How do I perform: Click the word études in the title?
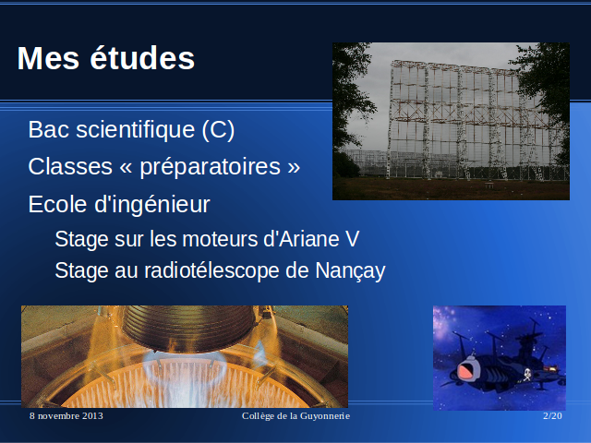click(x=142, y=57)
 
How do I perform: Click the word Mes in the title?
click(x=48, y=58)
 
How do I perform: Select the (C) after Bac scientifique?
click(x=218, y=130)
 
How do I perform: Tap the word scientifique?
click(x=136, y=130)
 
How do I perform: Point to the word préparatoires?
click(x=211, y=167)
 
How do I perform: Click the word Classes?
click(x=70, y=166)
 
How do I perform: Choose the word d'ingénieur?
click(x=151, y=205)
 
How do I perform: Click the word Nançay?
click(x=350, y=270)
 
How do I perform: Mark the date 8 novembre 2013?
click(x=66, y=416)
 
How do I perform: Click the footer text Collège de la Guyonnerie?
click(x=295, y=416)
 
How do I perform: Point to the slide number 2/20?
click(x=552, y=416)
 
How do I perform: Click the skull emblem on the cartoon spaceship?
click(x=527, y=374)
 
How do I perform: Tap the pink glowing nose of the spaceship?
click(x=467, y=370)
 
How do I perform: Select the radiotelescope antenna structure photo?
click(x=451, y=121)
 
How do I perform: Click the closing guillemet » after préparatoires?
click(x=294, y=167)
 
